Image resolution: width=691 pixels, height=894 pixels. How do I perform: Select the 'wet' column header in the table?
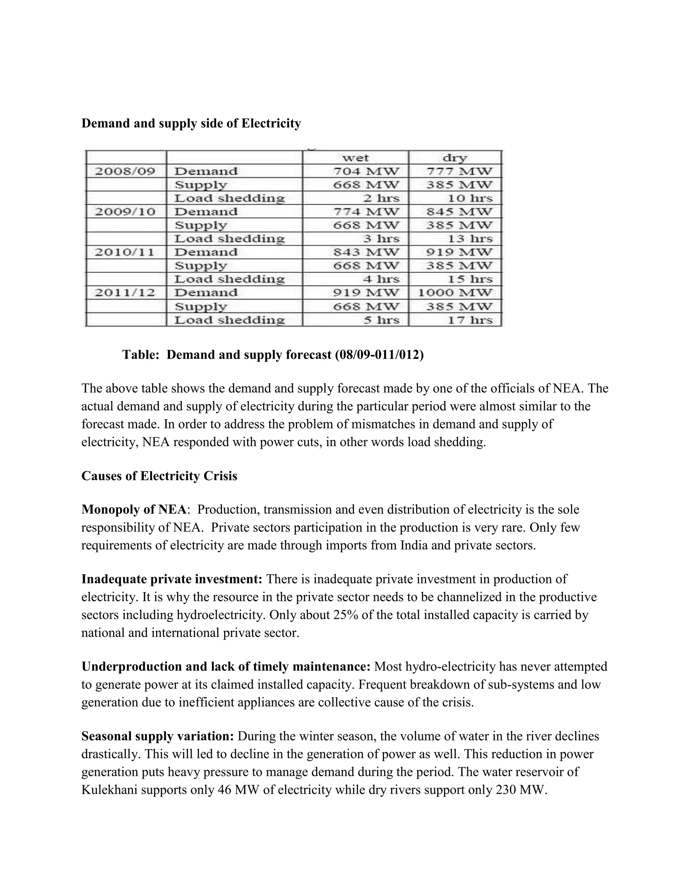(x=355, y=158)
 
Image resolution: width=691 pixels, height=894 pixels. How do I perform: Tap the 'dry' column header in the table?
(x=455, y=158)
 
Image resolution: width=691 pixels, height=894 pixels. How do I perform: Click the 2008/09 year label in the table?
(x=125, y=171)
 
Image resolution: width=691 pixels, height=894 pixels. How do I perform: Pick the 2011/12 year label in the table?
(x=125, y=293)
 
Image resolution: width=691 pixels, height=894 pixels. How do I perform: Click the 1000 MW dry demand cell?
(x=455, y=293)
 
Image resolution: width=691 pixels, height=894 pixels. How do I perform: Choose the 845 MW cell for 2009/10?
(x=459, y=212)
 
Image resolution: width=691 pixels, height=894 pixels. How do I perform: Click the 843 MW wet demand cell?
(x=365, y=252)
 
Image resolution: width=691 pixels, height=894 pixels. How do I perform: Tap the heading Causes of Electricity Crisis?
(x=159, y=476)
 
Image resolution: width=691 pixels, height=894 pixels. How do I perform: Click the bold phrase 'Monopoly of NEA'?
(x=134, y=510)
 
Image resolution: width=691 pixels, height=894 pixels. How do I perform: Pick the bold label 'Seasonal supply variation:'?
(x=158, y=736)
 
